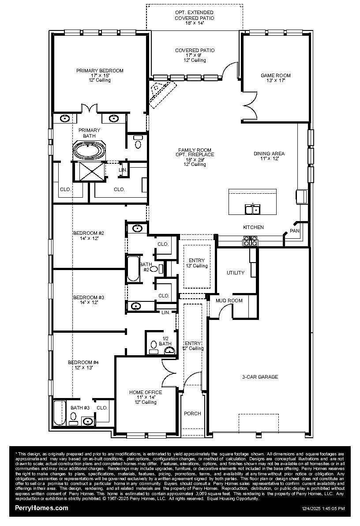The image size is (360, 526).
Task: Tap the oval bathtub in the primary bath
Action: [90, 150]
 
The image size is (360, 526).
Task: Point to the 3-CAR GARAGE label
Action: [260, 377]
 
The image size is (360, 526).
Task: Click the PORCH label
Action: [192, 413]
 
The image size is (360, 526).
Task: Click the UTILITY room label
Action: [235, 273]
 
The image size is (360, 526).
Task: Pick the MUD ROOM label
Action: [229, 301]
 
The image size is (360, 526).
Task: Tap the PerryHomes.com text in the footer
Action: [41, 508]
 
